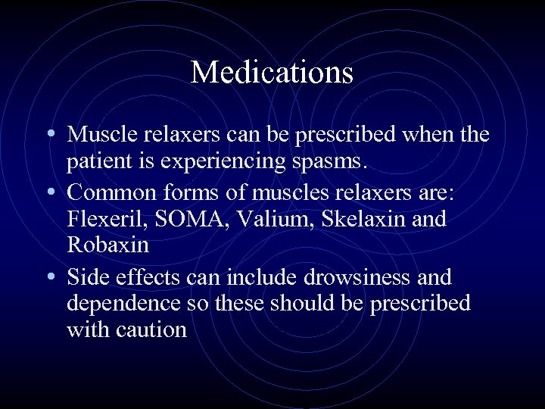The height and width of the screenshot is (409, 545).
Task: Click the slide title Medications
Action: click(x=272, y=73)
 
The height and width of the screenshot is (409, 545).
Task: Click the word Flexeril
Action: click(x=97, y=220)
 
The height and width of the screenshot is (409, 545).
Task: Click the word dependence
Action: click(x=118, y=303)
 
